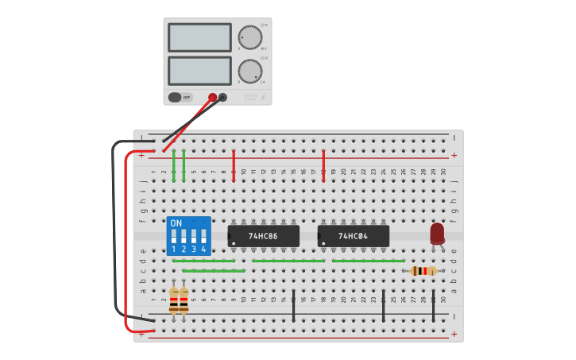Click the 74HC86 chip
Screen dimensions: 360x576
[263, 236]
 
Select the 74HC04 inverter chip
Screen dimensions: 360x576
[353, 236]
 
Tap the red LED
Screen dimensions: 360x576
[437, 233]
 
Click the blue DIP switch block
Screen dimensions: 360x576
[188, 235]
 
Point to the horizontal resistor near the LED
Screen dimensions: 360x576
[423, 271]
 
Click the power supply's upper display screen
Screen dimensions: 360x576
[199, 37]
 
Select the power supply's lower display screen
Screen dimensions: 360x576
[199, 70]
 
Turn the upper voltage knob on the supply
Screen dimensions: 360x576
[249, 37]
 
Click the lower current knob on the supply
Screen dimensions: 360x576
[249, 72]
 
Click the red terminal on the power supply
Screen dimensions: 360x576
[212, 98]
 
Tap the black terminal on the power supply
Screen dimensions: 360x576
[222, 98]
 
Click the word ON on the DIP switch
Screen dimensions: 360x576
[176, 223]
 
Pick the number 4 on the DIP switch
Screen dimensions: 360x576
[203, 250]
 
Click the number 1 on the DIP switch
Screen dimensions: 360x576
[174, 250]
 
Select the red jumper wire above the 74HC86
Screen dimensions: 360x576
[234, 165]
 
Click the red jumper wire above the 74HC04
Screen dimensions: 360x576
[323, 165]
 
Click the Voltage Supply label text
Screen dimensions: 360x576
[250, 97]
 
